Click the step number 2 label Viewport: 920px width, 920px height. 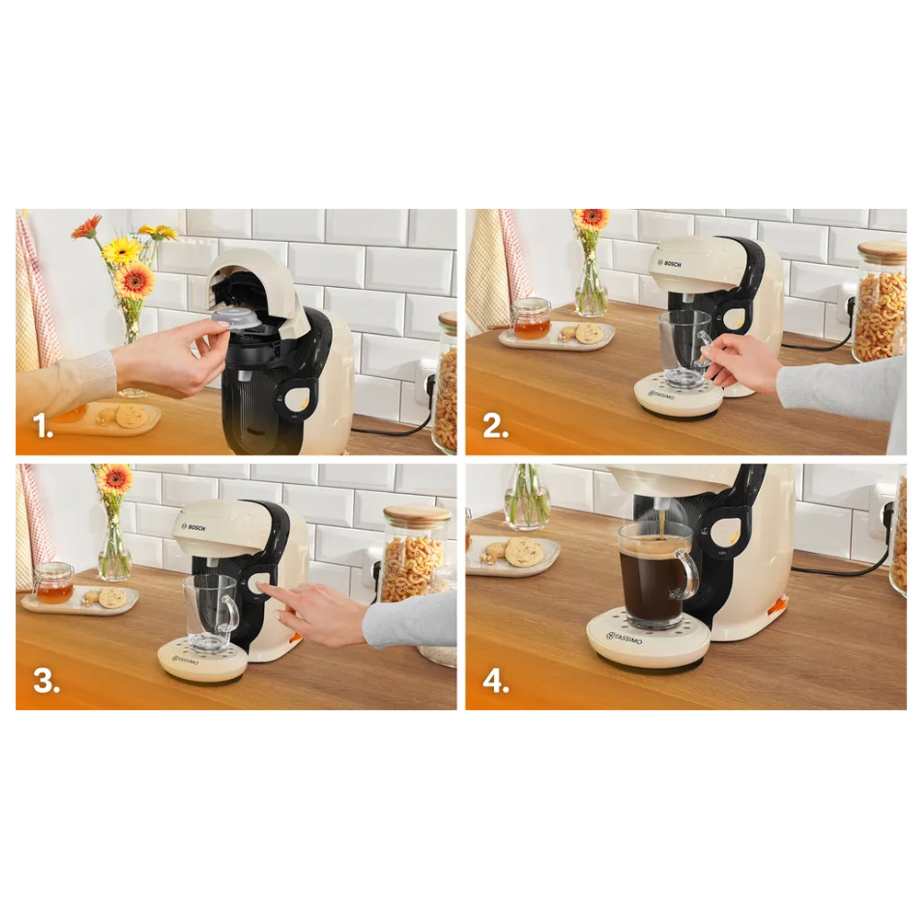point(496,426)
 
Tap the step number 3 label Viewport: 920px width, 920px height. point(46,681)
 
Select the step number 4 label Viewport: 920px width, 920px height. point(497,681)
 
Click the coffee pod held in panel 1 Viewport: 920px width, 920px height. point(236,320)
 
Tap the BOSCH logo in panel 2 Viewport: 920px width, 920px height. point(670,264)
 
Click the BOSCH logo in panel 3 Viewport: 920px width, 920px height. point(194,527)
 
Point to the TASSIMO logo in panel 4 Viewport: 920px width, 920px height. point(625,638)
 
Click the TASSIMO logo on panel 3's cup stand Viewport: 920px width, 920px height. point(186,660)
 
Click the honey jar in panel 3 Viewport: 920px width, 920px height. point(53,583)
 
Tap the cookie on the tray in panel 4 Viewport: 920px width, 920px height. point(524,551)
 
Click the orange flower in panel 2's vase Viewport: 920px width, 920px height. point(591,218)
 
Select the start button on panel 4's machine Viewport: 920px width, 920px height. point(731,533)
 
